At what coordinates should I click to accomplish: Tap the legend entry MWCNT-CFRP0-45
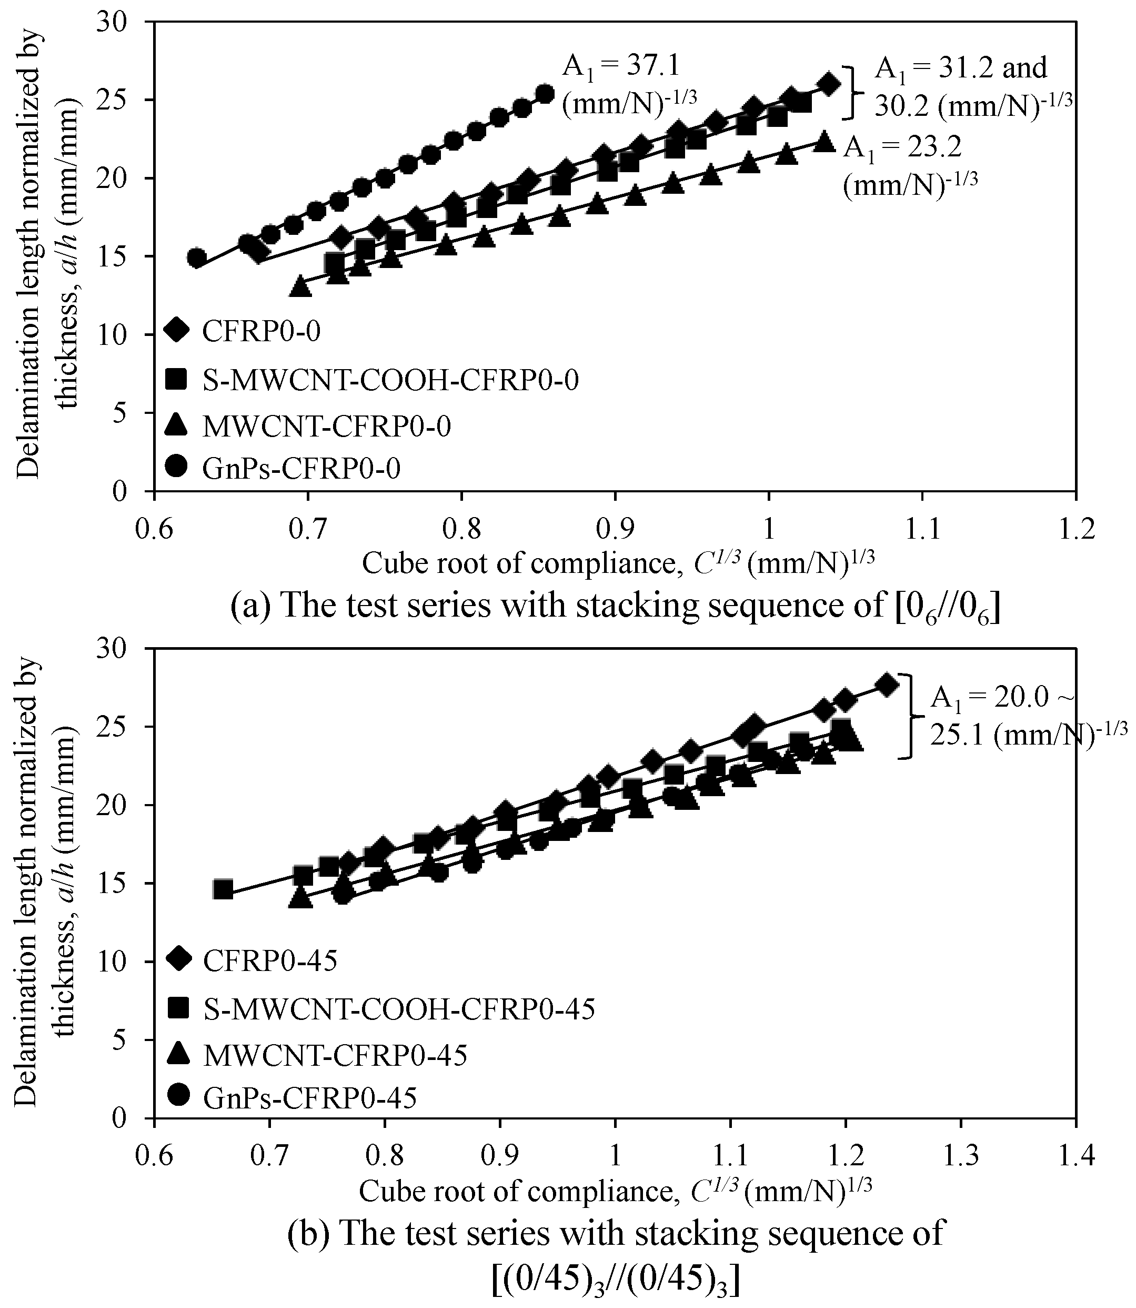tap(335, 1055)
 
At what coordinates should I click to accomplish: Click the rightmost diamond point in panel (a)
tap(828, 84)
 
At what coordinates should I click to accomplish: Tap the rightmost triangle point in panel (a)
tap(823, 141)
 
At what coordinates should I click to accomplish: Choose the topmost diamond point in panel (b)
tap(887, 685)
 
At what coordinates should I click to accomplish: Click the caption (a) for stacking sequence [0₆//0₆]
tap(615, 606)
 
